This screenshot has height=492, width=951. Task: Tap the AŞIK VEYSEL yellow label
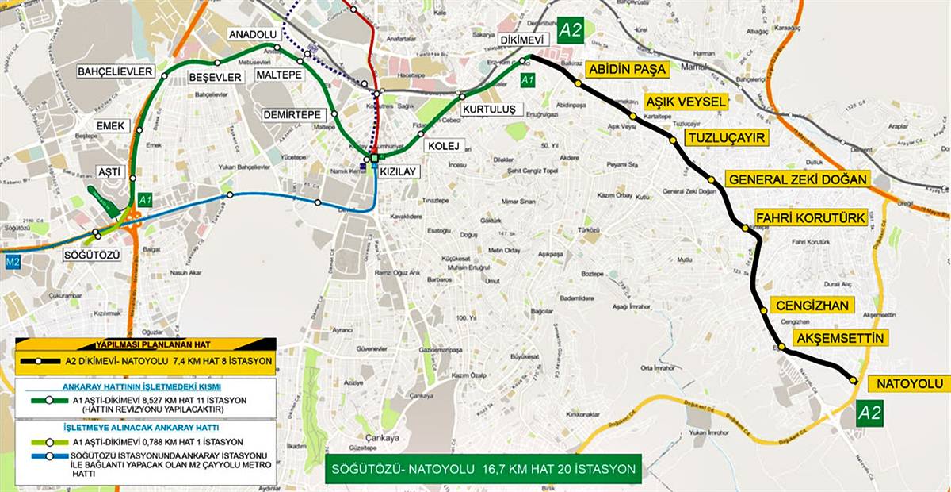tap(686, 102)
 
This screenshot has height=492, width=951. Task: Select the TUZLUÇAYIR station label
tap(728, 138)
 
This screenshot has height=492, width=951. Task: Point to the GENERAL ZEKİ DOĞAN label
tap(798, 179)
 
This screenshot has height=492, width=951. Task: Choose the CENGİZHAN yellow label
tap(812, 306)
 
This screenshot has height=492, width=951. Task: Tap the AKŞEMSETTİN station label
tap(839, 339)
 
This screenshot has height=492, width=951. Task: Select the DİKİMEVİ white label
tap(524, 40)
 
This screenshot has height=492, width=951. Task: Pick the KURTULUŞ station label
tap(490, 109)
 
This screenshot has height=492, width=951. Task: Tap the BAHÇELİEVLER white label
tap(115, 71)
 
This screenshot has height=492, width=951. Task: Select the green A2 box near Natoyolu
tap(869, 412)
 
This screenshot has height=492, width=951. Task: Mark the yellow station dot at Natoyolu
tap(854, 381)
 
